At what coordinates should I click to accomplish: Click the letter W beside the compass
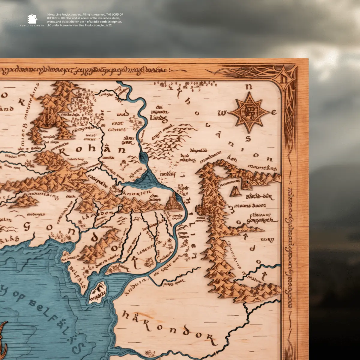click(x=222, y=113)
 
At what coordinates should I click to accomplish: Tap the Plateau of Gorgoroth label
click(x=260, y=217)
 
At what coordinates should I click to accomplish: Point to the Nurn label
click(x=267, y=240)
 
